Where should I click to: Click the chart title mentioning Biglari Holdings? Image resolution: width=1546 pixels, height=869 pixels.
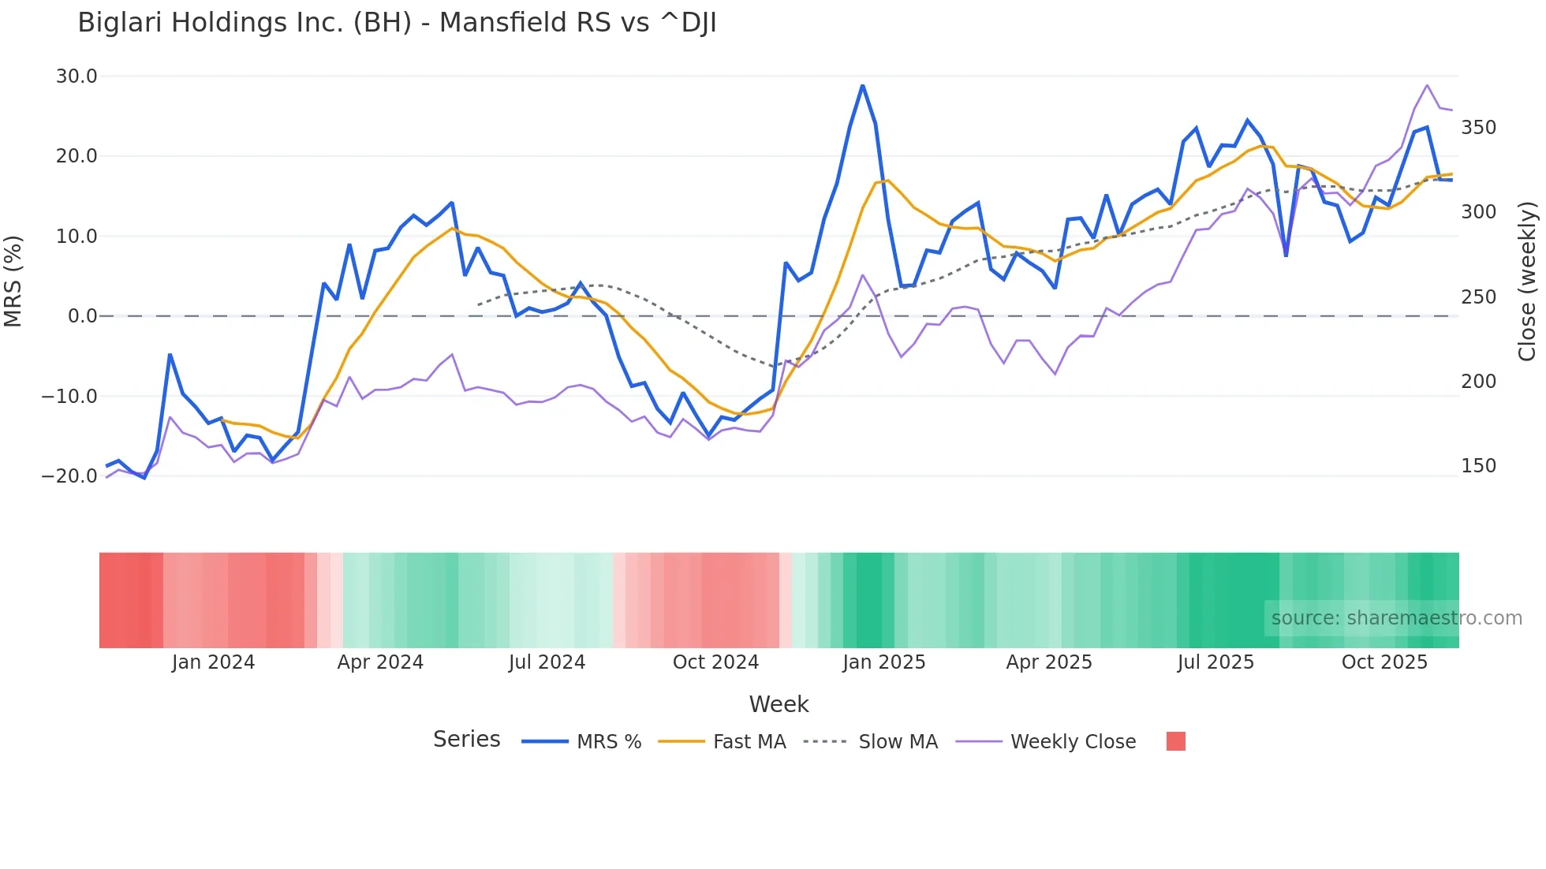[x=397, y=22]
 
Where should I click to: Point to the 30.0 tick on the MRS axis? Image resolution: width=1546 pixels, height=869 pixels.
[x=77, y=76]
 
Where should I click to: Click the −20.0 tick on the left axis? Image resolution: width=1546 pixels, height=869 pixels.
[x=69, y=476]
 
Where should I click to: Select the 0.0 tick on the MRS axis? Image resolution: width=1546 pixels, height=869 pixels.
[x=82, y=316]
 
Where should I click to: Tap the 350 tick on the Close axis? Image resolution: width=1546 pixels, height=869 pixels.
[x=1478, y=128]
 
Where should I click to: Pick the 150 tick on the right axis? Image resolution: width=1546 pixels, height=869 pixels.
[x=1478, y=466]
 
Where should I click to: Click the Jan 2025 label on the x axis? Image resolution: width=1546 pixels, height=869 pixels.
[x=883, y=662]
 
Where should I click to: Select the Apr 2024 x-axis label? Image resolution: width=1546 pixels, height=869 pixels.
[x=380, y=662]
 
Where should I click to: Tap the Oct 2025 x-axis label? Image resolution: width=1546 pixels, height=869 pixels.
[x=1384, y=662]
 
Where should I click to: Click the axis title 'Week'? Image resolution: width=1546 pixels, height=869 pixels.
[x=779, y=704]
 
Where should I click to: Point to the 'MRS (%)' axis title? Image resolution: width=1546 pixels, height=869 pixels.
[x=13, y=281]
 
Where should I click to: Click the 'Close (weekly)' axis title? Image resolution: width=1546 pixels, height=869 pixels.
[x=1527, y=281]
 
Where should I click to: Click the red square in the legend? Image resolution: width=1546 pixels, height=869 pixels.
[x=1175, y=741]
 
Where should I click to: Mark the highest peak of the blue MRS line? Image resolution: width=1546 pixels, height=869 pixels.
[x=863, y=85]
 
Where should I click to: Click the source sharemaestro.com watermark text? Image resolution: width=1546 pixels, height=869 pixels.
[x=1396, y=618]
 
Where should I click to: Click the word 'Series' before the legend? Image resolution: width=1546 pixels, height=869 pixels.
[x=466, y=740]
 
